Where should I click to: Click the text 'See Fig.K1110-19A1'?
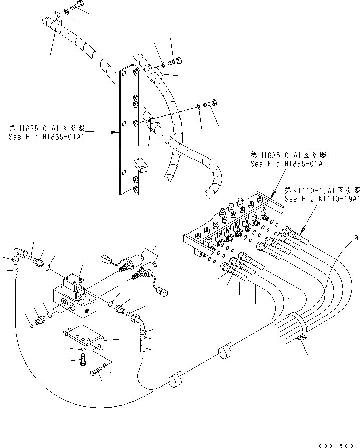322,198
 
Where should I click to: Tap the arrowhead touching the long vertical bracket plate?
116,133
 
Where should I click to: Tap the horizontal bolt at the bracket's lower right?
96,372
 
